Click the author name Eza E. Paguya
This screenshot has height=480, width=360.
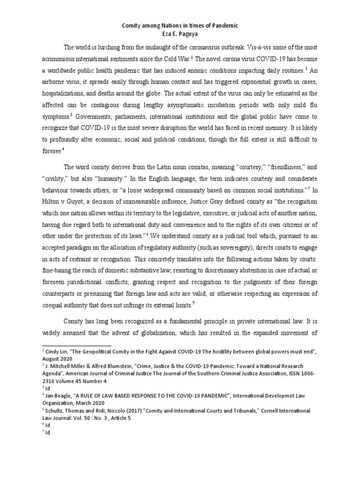tap(180, 35)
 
